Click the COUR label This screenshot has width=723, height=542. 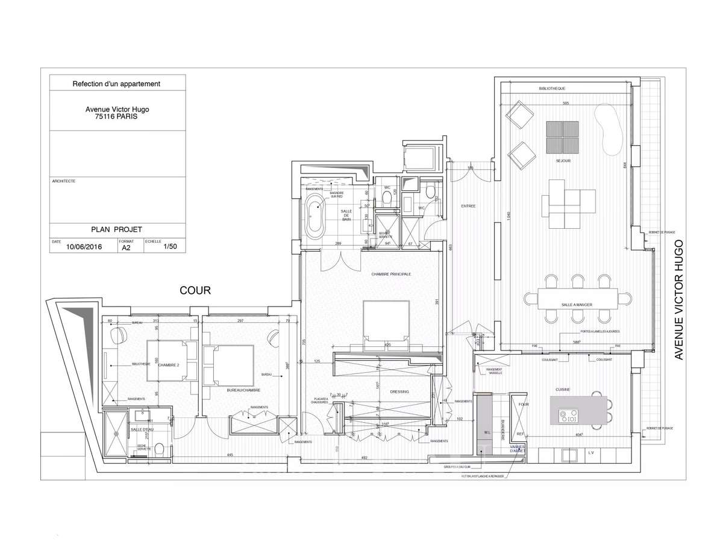pyautogui.click(x=195, y=291)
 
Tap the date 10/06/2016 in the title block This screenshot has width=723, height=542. pyautogui.click(x=84, y=246)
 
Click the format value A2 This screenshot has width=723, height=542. pyautogui.click(x=126, y=247)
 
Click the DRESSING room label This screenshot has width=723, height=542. pyautogui.click(x=399, y=392)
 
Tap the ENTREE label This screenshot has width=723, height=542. pyautogui.click(x=468, y=206)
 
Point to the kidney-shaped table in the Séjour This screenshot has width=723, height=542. pyautogui.click(x=607, y=128)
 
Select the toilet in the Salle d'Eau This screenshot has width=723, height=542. pyautogui.click(x=158, y=449)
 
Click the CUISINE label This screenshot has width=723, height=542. pyautogui.click(x=563, y=390)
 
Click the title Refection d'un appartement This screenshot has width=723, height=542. pyautogui.click(x=116, y=84)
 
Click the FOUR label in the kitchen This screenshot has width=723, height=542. pyautogui.click(x=524, y=404)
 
